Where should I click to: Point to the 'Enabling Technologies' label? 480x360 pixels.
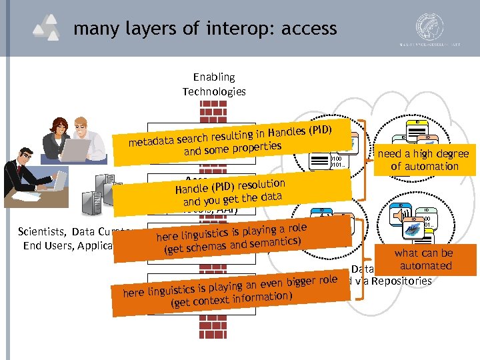[x=214, y=84]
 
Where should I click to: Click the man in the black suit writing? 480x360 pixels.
[x=27, y=177]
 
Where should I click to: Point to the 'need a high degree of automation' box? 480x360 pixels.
[x=424, y=160]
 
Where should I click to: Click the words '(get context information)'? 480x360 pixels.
[x=230, y=299]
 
